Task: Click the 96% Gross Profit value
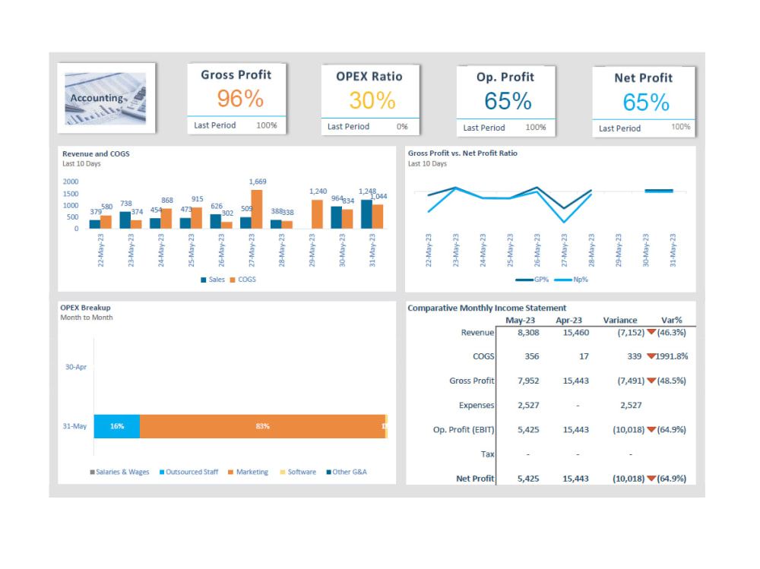click(x=240, y=99)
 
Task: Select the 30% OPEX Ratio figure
click(x=372, y=100)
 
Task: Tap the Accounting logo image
click(x=106, y=98)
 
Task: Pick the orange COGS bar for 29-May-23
click(x=317, y=213)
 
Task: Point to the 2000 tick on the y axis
click(x=70, y=182)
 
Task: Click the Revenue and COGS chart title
click(x=96, y=153)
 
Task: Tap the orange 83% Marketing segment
click(x=262, y=426)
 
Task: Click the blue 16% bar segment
click(x=116, y=426)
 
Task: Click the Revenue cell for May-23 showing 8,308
click(x=528, y=332)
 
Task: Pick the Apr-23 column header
click(x=568, y=320)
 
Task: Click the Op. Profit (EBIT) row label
click(x=464, y=430)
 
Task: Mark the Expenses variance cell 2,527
click(x=631, y=405)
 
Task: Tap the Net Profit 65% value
click(x=646, y=102)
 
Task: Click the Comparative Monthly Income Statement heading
click(x=486, y=308)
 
